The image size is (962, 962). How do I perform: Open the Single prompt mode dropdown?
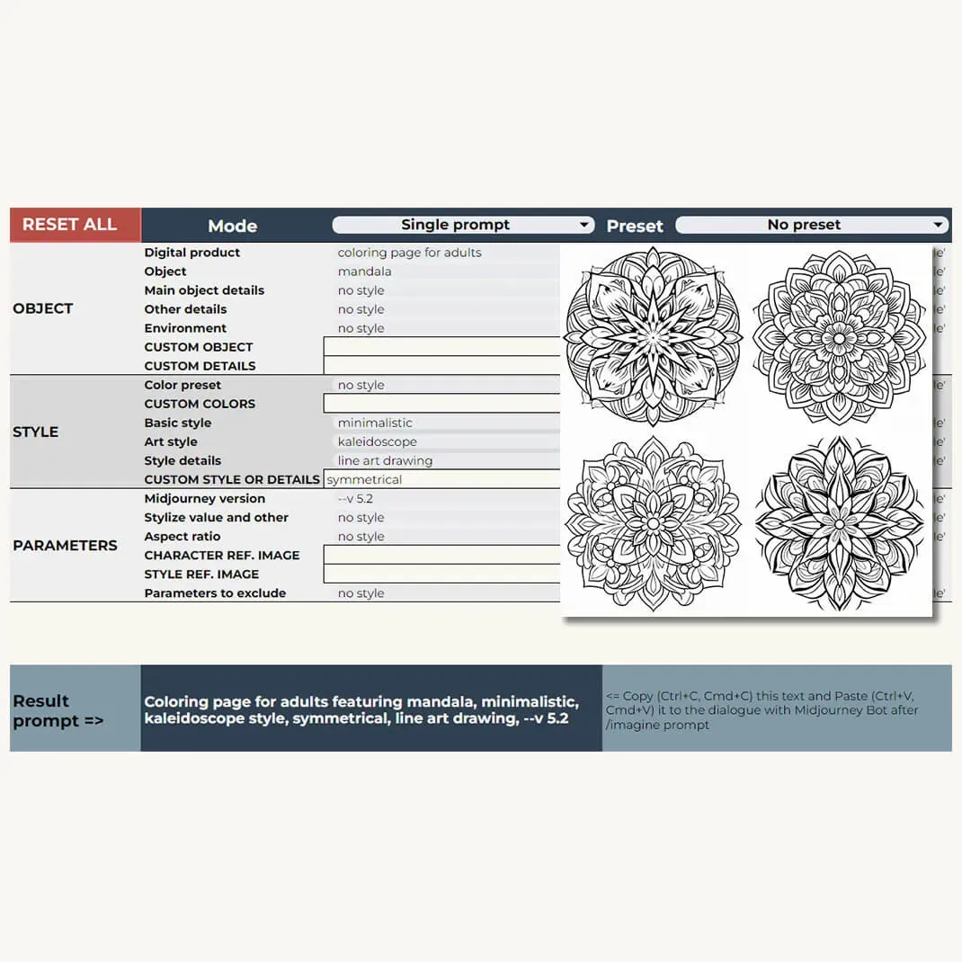point(462,225)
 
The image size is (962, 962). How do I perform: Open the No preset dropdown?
point(812,225)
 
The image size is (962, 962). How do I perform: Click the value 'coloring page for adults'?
point(409,253)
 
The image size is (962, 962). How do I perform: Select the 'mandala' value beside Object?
point(364,272)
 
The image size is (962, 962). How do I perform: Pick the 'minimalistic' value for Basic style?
point(375,423)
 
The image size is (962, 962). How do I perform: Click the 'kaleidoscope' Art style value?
point(377,441)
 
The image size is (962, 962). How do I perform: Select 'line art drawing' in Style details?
point(385,460)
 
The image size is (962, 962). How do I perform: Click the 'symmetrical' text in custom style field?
point(364,479)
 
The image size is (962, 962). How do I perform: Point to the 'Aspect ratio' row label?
point(183,536)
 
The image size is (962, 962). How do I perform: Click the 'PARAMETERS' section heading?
point(65,545)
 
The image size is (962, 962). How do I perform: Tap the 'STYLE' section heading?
point(36,432)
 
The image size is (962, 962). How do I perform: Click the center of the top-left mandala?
point(654,336)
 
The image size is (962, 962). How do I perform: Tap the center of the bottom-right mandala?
point(840,523)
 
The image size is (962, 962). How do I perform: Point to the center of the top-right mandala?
point(840,336)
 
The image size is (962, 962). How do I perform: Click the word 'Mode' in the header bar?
point(232,226)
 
